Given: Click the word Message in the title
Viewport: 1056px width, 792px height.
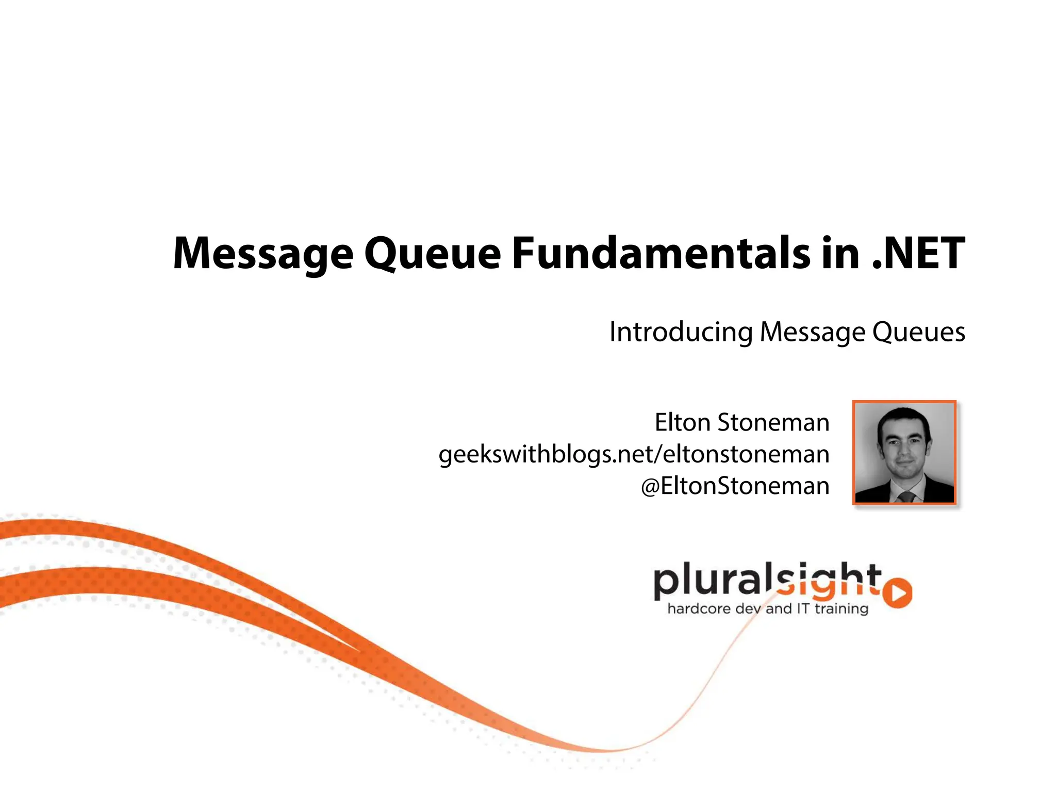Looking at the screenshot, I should (x=263, y=253).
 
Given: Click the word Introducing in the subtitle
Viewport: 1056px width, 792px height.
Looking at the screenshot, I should (x=681, y=332).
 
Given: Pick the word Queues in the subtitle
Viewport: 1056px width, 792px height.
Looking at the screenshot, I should (x=918, y=332).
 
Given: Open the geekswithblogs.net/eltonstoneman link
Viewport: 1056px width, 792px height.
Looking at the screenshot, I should (x=634, y=454).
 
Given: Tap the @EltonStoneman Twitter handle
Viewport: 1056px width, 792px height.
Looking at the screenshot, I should (x=735, y=486).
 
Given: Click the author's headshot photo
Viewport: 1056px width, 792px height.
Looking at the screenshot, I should (x=904, y=452).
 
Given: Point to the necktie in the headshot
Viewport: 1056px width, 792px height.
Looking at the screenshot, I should (x=906, y=497).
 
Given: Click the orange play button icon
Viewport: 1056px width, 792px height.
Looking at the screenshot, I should (x=898, y=593).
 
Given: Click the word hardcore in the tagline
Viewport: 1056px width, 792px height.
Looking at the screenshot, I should (x=699, y=609).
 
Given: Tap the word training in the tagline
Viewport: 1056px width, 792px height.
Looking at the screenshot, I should (x=841, y=609).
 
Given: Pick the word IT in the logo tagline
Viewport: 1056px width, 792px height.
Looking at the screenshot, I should (x=803, y=608).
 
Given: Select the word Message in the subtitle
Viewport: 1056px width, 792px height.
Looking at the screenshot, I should (x=812, y=332).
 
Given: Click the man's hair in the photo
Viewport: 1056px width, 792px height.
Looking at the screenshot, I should (x=903, y=417).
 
